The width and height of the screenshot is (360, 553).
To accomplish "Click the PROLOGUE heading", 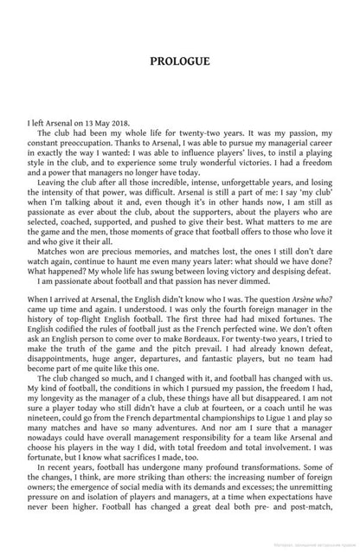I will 179,61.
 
